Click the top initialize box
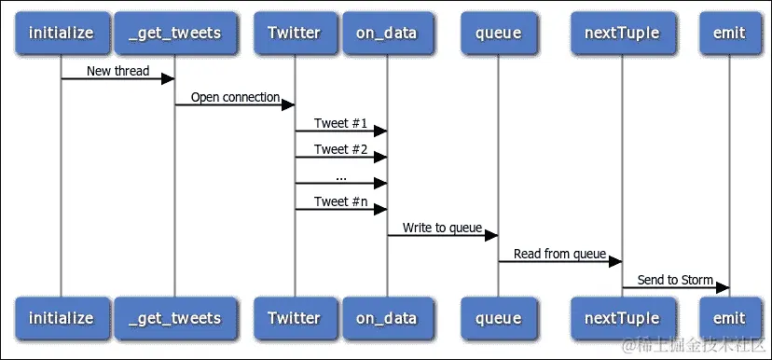click(61, 33)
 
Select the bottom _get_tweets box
click(174, 318)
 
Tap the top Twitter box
click(294, 33)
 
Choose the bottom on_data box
click(387, 318)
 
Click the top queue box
click(498, 33)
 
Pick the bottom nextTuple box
click(622, 318)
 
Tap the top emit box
click(728, 33)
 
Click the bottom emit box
click(728, 318)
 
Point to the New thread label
click(117, 71)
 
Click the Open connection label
click(235, 97)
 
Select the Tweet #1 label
click(340, 123)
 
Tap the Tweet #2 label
click(340, 149)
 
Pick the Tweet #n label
click(340, 201)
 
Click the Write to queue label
click(442, 228)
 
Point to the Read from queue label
click(559, 254)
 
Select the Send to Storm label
click(675, 280)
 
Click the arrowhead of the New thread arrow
click(169, 78)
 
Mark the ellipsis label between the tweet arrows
click(340, 175)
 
